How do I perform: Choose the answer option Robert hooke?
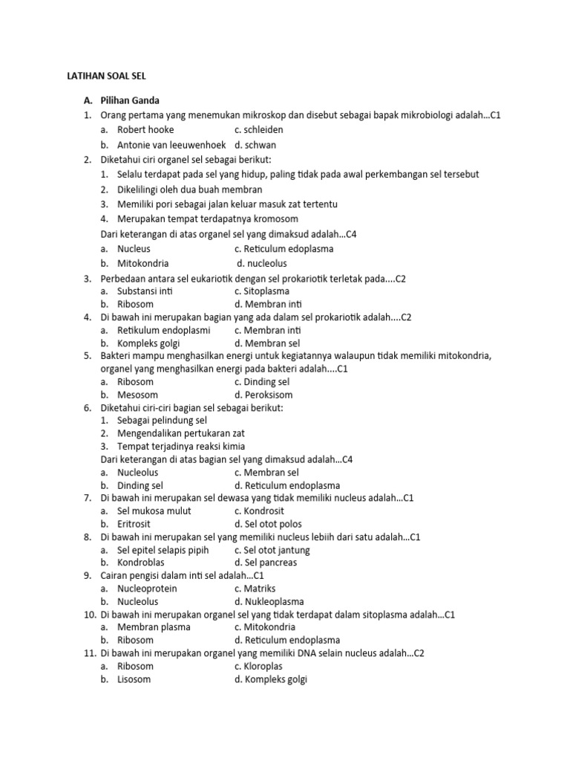[x=145, y=129]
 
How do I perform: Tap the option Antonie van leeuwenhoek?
[x=171, y=144]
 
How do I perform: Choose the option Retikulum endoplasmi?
[x=163, y=329]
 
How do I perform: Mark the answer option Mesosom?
[x=137, y=395]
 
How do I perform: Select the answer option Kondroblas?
[x=140, y=563]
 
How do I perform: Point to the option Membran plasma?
[x=154, y=626]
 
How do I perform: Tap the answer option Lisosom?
[x=134, y=679]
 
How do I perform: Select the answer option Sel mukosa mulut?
[x=154, y=511]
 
